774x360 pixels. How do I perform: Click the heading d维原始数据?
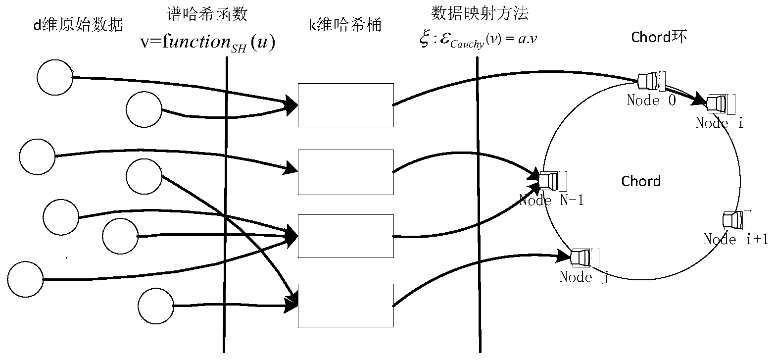(77, 25)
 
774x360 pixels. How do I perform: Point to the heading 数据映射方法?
(480, 14)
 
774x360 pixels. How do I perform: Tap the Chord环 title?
(659, 37)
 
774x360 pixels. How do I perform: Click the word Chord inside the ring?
(641, 181)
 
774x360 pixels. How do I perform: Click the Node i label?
(719, 123)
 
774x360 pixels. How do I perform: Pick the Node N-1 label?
(551, 201)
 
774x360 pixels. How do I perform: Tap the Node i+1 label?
(736, 240)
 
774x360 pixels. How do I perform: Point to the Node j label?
(583, 277)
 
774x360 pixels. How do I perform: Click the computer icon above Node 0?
(648, 81)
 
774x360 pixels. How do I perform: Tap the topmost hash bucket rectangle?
(345, 105)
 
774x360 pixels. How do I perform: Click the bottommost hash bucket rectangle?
(345, 305)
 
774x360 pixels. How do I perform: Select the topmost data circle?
(54, 77)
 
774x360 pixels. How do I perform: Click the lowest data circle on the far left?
(26, 279)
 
